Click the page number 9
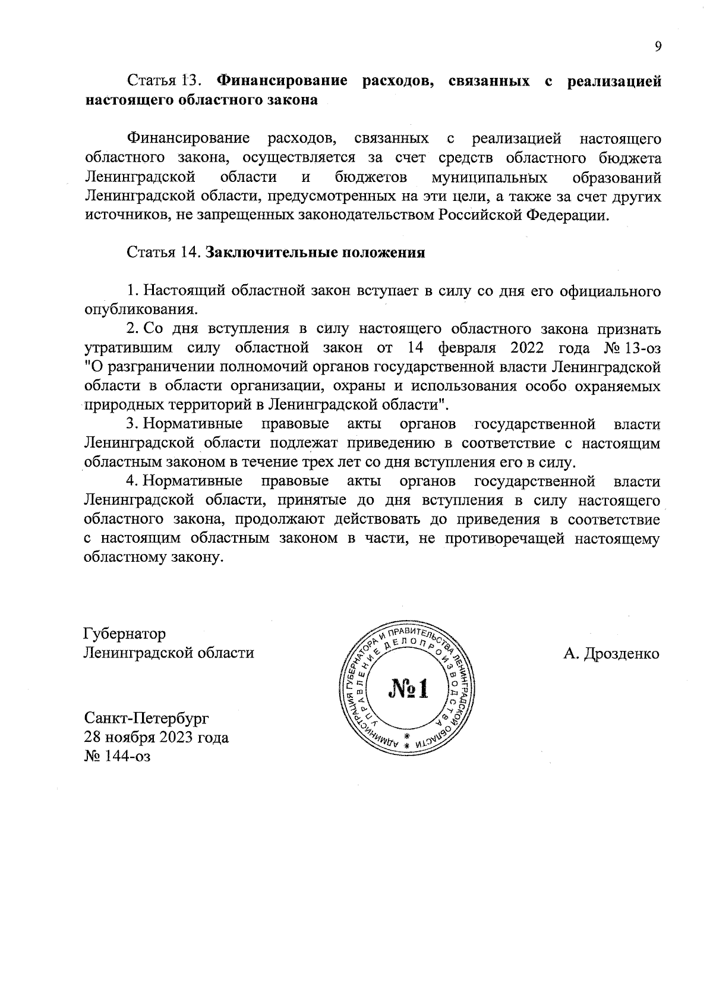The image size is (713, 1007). (x=657, y=47)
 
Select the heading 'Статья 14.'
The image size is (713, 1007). (x=166, y=252)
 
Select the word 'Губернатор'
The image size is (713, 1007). (x=125, y=634)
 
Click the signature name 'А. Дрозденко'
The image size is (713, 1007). (x=611, y=654)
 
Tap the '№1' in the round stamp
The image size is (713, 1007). (x=408, y=689)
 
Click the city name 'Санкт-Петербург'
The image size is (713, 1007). (x=147, y=718)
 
